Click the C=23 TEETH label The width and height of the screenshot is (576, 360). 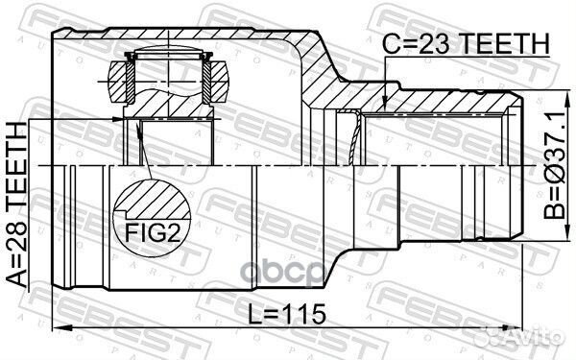point(466,43)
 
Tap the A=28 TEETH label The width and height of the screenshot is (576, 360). point(17,205)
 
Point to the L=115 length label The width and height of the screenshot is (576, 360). point(287,314)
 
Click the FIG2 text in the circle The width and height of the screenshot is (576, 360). point(153,232)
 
